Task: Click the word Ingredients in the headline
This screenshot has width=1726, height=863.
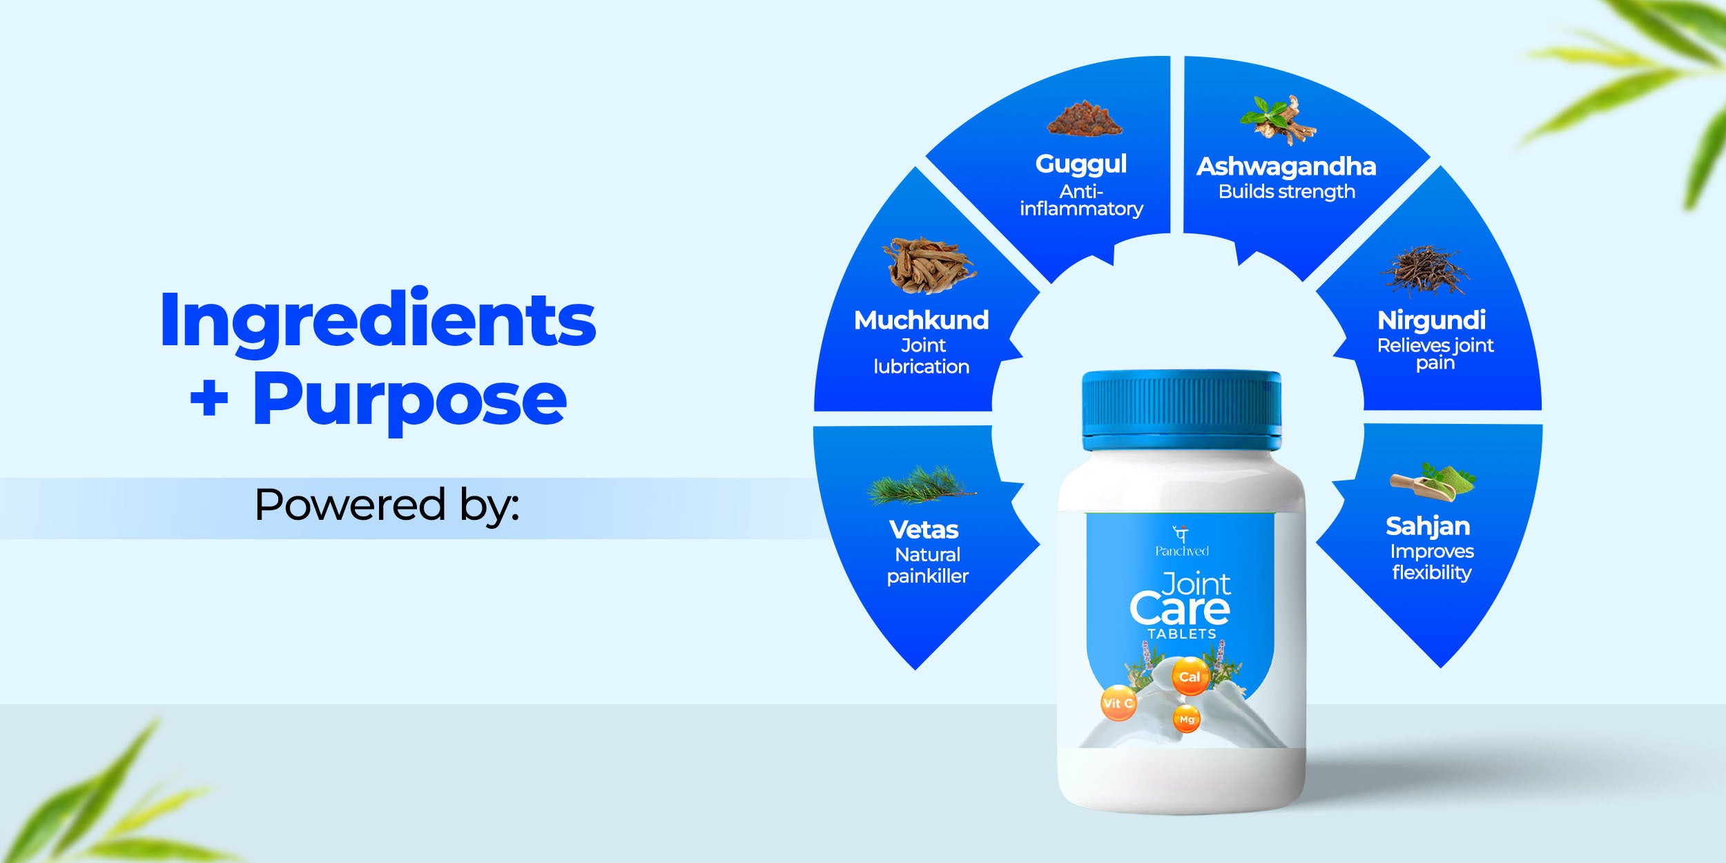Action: point(378,322)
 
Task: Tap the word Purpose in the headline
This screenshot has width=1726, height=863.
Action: point(410,400)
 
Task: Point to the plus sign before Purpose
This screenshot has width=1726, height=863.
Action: point(209,399)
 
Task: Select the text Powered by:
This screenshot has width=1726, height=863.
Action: point(387,506)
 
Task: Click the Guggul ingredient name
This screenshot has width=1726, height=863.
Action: point(1081,164)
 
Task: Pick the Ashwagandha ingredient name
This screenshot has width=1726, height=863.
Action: point(1286,166)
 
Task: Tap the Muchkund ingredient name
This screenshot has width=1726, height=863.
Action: point(922,320)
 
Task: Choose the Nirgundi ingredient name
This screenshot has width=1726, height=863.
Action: point(1432,321)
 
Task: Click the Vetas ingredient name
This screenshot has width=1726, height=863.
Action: point(924,530)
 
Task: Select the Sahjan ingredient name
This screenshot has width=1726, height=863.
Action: point(1428,527)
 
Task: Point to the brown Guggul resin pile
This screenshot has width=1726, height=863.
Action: point(1084,118)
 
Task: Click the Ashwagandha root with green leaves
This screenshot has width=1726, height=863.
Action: point(1279,120)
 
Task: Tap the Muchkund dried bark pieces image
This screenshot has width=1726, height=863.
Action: point(929,265)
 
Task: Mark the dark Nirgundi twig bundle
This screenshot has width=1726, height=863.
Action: point(1425,270)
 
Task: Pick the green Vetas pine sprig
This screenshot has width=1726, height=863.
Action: point(921,485)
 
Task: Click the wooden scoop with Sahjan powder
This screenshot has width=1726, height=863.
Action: point(1433,483)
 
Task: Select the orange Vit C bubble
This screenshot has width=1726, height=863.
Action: point(1118,704)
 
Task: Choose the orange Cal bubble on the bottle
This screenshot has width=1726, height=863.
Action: point(1190,677)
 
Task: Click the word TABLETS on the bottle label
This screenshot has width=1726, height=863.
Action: point(1182,634)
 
